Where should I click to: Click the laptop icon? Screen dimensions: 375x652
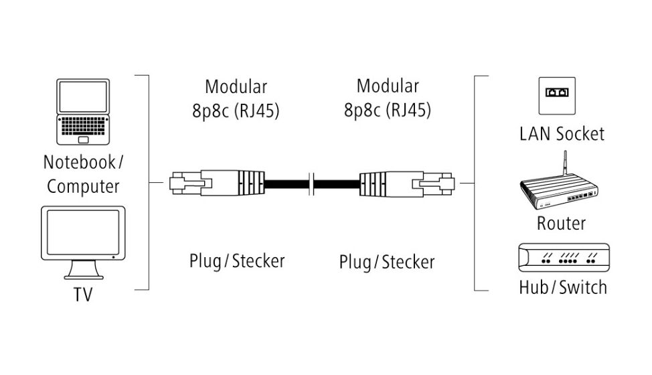[x=83, y=112]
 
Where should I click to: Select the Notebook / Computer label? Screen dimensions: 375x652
[x=83, y=174]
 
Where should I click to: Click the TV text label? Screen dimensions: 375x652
[x=83, y=295]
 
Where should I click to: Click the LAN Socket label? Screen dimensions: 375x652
[x=562, y=133]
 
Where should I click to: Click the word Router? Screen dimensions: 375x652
[x=561, y=223]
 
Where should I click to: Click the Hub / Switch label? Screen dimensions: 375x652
[x=563, y=287]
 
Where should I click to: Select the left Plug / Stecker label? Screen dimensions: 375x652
[x=236, y=260]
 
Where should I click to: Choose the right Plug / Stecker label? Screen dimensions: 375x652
[x=386, y=262]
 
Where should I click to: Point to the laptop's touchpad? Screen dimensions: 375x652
[x=83, y=139]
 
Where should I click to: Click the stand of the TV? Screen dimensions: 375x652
[x=83, y=270]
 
